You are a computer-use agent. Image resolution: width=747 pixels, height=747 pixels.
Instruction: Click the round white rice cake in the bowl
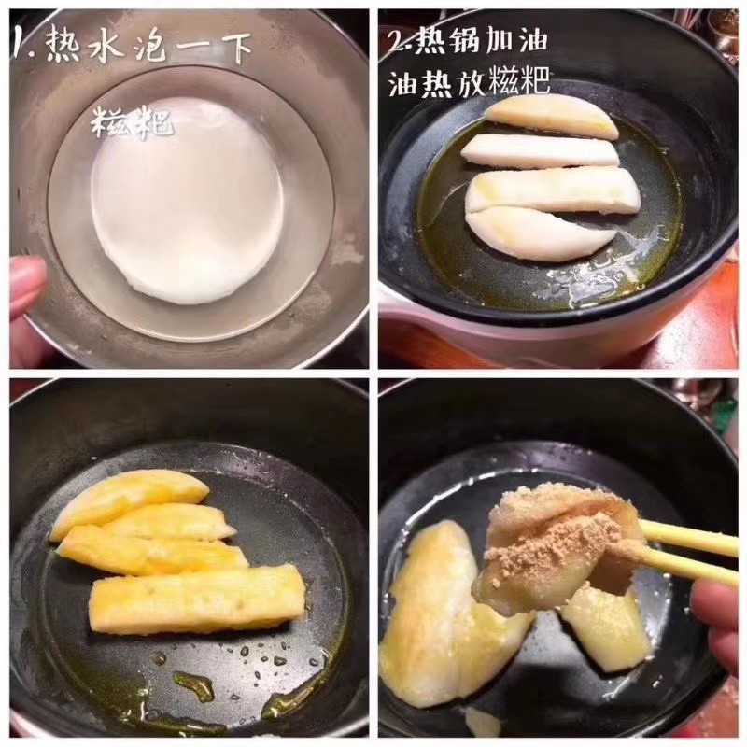(187, 201)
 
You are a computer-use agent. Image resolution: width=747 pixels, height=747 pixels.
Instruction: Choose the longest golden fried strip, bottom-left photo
(198, 598)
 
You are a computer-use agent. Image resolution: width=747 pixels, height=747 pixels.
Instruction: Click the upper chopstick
(691, 537)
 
